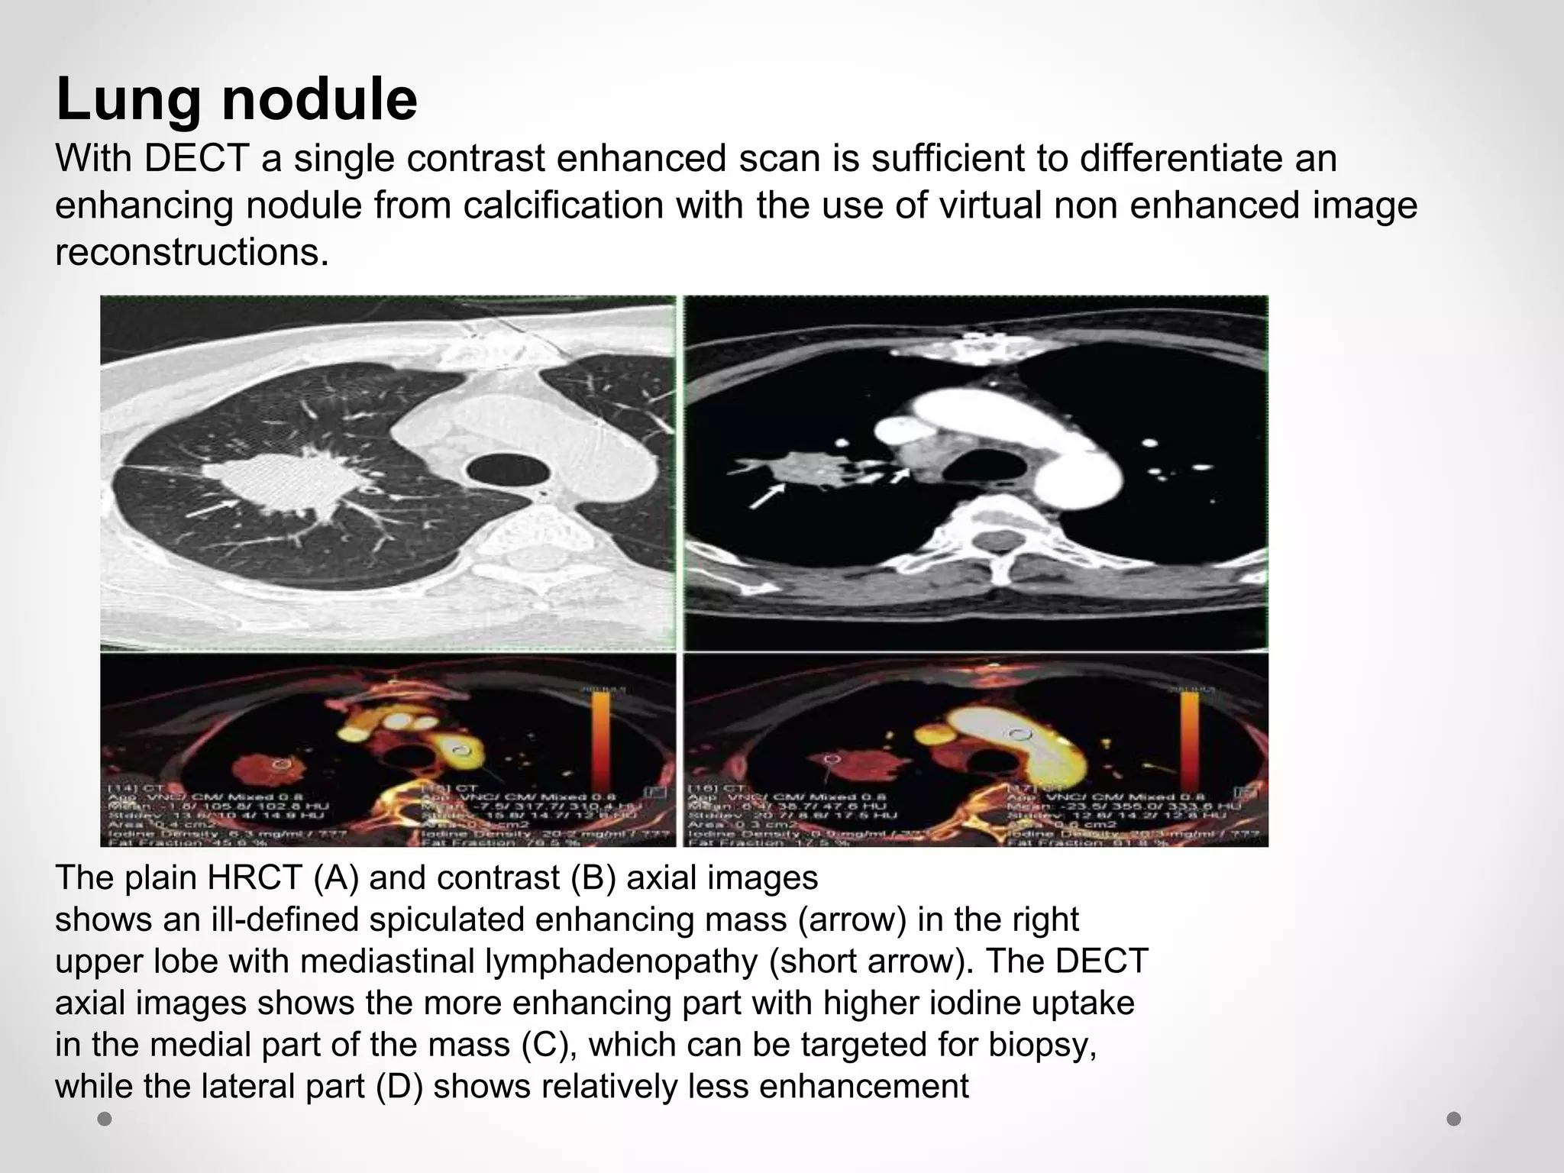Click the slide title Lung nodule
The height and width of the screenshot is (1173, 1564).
pos(237,99)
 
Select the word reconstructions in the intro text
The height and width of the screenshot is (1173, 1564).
pos(192,252)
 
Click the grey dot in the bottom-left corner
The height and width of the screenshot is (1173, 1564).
pos(105,1119)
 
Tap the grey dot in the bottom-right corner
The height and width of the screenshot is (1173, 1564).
pos(1454,1119)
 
